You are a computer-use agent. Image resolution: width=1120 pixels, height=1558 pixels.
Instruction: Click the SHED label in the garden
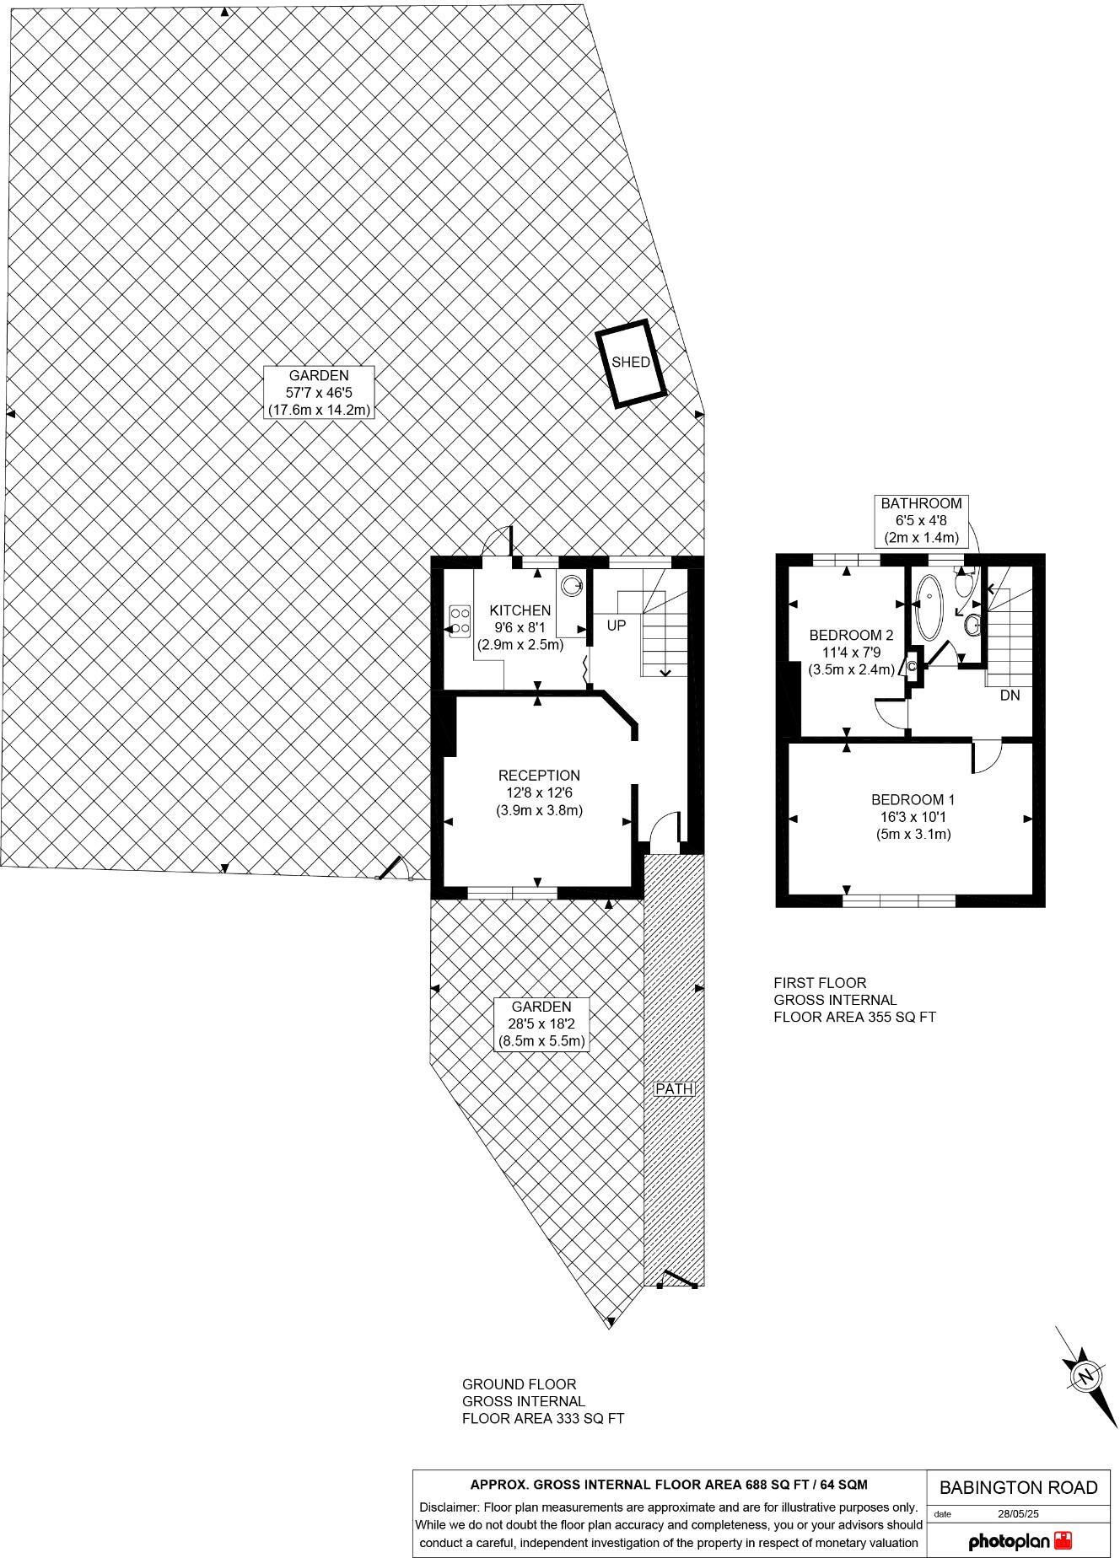[x=630, y=363]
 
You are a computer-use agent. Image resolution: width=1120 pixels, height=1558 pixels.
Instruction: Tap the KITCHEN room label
[x=520, y=610]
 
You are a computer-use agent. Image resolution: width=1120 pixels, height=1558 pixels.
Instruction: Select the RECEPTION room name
[x=539, y=776]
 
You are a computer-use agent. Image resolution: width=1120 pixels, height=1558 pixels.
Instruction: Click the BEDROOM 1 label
[x=913, y=799]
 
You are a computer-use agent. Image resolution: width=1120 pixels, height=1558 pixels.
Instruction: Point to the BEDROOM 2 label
[x=850, y=636]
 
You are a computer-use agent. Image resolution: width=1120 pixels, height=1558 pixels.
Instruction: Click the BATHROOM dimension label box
[x=921, y=520]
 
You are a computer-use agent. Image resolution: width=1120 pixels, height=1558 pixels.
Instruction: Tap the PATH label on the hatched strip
[x=674, y=1088]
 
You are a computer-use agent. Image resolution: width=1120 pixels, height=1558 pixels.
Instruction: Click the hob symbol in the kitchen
[x=460, y=620]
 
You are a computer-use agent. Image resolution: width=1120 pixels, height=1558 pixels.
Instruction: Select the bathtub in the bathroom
[x=930, y=607]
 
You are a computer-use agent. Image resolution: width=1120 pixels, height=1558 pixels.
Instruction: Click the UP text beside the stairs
[x=617, y=626]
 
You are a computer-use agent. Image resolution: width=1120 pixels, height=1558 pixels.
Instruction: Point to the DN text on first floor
[x=1010, y=696]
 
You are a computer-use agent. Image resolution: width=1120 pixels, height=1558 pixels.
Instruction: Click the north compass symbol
[x=1085, y=1376]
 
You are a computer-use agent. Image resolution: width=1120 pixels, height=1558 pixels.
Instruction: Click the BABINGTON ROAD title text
[x=1019, y=1488]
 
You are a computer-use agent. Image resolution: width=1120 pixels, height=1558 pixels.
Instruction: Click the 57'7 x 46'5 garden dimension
[x=318, y=393]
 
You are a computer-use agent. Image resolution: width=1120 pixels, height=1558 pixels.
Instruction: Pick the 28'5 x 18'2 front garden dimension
[x=541, y=1023]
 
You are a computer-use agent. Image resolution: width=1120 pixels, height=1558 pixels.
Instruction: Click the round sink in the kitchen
[x=572, y=583]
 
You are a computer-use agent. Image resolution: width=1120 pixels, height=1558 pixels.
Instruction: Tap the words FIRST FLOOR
[x=820, y=983]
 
